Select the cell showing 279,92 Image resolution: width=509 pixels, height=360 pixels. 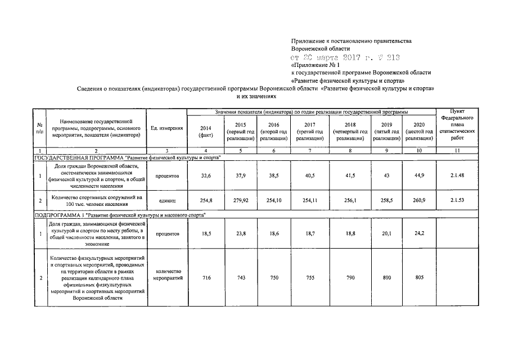coord(241,200)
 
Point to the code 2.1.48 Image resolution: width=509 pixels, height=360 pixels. coord(456,176)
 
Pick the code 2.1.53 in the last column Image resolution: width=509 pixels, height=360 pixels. coord(456,200)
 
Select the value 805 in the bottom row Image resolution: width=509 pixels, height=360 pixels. coord(417,278)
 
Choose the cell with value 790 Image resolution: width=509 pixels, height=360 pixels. coord(349,278)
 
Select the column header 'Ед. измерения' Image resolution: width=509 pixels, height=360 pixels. coord(166,128)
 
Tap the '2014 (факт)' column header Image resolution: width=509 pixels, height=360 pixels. coord(205,131)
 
